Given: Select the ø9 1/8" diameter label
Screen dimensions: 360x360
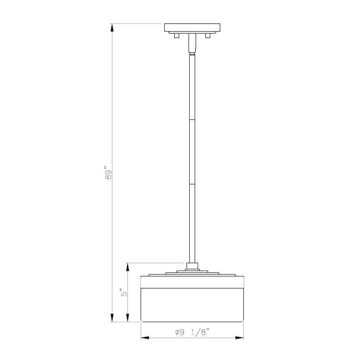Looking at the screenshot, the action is tap(193, 332).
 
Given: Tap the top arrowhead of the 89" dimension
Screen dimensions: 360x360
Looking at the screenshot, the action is tap(112, 28).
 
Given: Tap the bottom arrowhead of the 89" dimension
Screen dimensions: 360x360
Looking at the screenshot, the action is tap(112, 317).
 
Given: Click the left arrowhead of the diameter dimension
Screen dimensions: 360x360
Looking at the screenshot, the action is tap(145, 338).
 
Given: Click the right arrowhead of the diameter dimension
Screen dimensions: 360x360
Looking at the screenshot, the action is tap(239, 338).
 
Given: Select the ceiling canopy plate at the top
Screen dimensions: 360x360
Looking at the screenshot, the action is tap(192, 28).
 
